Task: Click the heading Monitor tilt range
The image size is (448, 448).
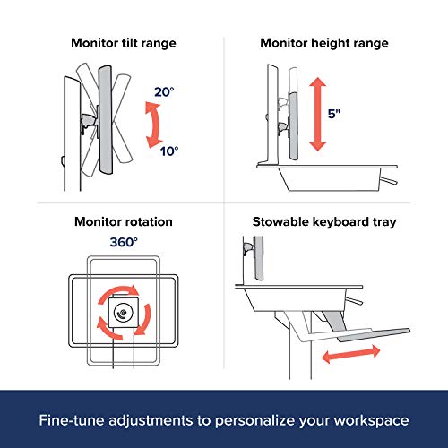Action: point(124,44)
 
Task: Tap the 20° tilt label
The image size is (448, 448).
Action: point(164,92)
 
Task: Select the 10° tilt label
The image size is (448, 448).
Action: point(169,151)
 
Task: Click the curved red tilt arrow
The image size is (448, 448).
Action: point(155,125)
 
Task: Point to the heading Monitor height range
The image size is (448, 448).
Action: point(324,44)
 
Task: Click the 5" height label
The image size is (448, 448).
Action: point(334,114)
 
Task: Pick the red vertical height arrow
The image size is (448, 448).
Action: point(317,114)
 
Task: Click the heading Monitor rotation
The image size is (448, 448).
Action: point(124,222)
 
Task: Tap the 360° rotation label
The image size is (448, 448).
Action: point(124,242)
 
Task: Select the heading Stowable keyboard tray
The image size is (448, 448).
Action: point(324,222)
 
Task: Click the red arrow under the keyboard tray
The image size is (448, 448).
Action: point(351,354)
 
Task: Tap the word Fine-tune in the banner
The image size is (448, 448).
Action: point(72,420)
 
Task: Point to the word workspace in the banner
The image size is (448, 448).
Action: point(371,421)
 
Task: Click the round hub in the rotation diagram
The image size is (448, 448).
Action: point(123,313)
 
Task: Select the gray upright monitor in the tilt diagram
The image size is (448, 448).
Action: point(106,120)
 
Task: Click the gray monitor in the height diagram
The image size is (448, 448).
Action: point(293,126)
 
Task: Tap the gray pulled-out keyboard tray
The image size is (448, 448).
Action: point(374,335)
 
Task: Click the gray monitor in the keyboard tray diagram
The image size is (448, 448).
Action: point(259,258)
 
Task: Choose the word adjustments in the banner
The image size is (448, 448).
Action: point(151,421)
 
